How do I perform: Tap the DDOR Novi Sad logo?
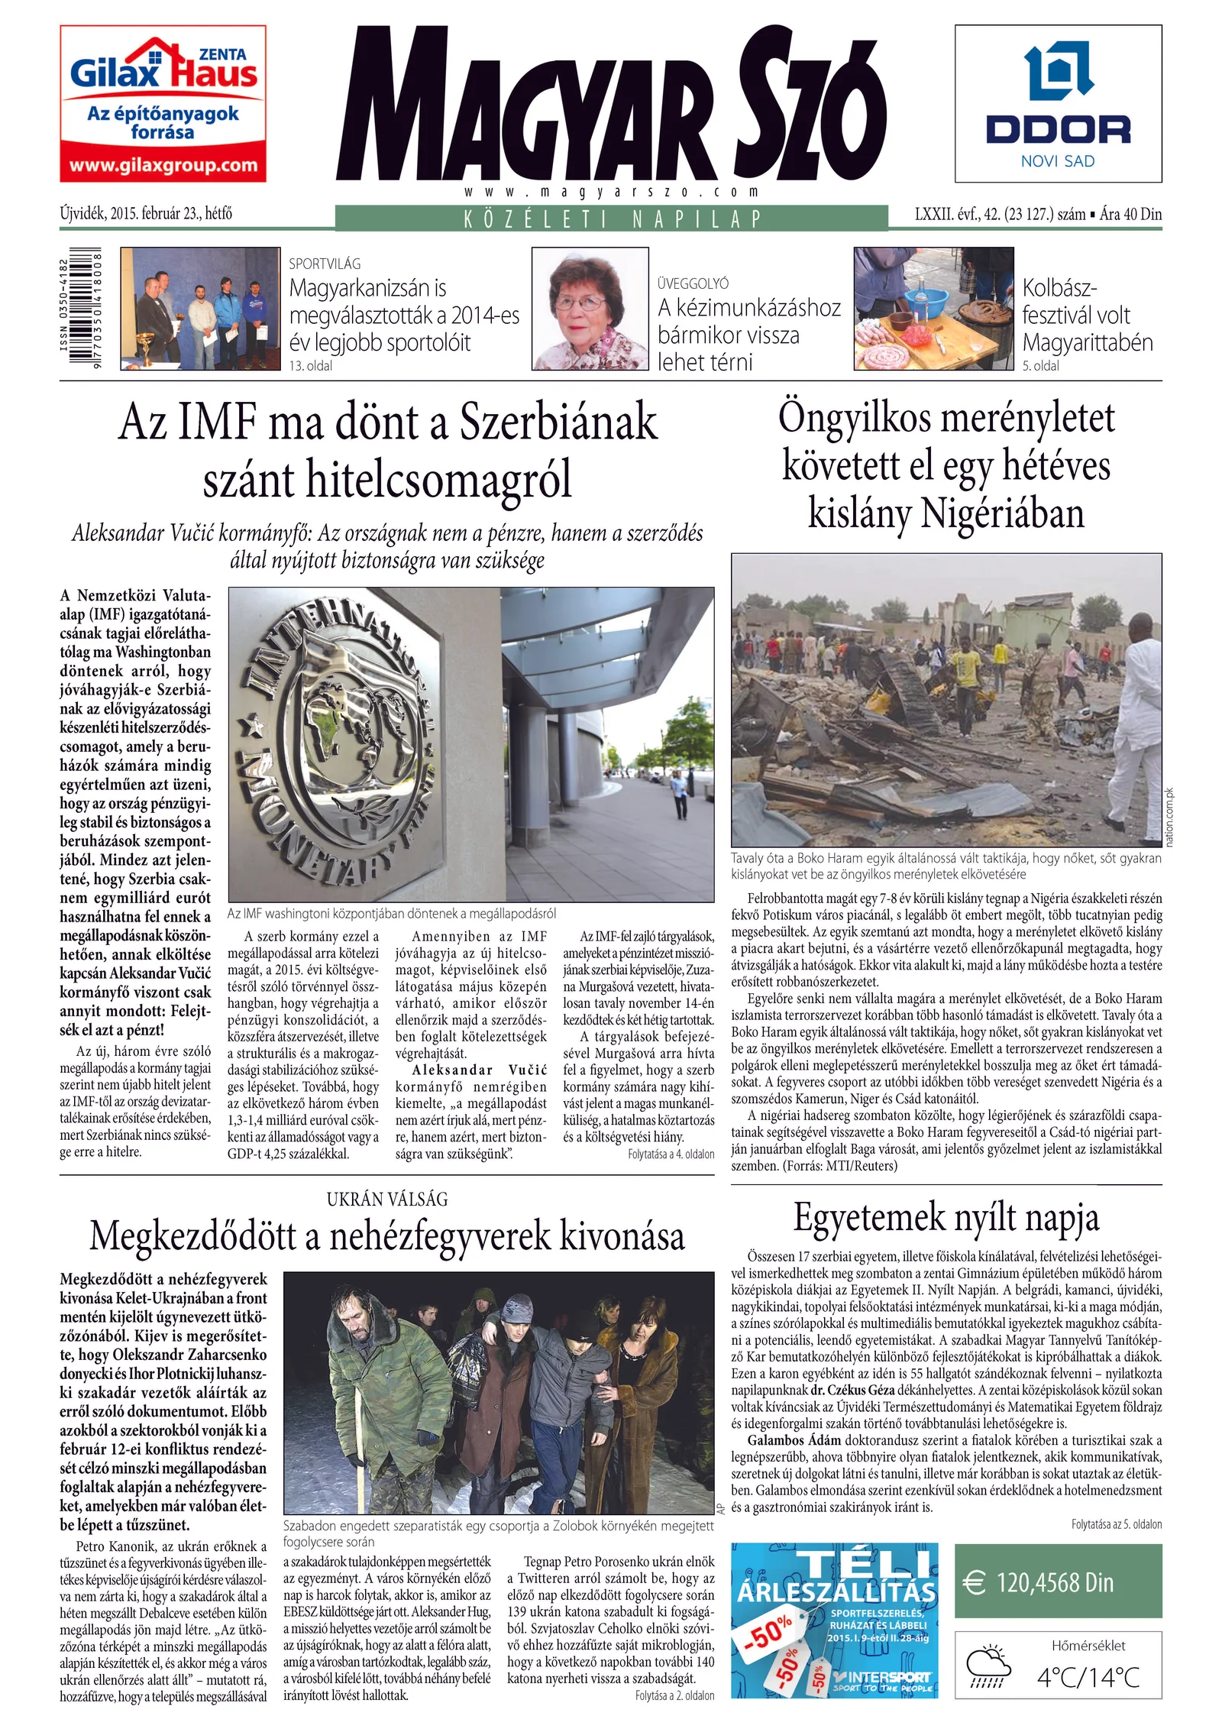[1057, 103]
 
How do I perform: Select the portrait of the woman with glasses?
[589, 309]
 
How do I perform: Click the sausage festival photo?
[933, 309]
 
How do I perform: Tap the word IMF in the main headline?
[216, 423]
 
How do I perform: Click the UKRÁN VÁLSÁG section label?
[387, 1199]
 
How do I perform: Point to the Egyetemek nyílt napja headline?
[946, 1218]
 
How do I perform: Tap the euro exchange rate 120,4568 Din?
[1055, 1582]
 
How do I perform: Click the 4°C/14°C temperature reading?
[1088, 1678]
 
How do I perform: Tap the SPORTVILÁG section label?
[325, 264]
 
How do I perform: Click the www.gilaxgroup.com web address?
[163, 165]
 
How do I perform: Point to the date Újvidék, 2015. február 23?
[146, 214]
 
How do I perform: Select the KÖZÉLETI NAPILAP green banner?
[612, 219]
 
